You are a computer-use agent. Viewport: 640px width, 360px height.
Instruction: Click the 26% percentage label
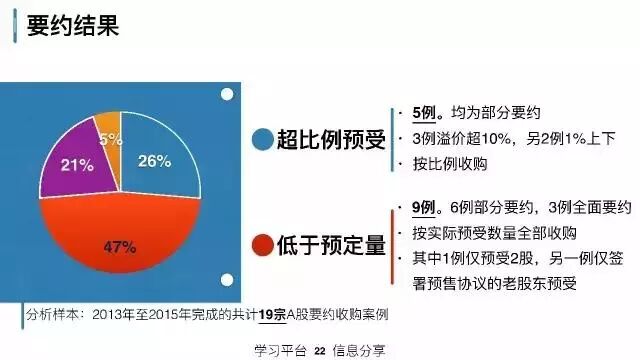point(151,160)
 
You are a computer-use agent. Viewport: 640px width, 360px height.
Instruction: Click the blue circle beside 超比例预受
point(263,139)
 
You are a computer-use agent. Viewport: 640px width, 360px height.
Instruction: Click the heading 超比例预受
point(330,139)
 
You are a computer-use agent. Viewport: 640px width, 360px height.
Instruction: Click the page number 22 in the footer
point(320,349)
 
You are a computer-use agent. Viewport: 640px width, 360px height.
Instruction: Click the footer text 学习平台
point(282,349)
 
